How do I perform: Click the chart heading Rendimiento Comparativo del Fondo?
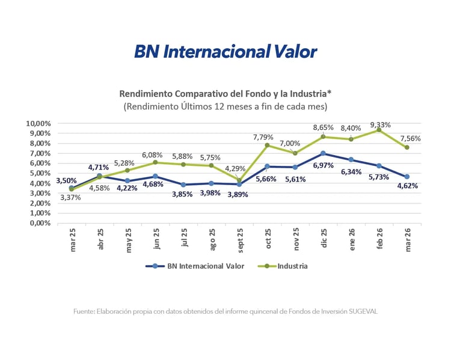(x=225, y=94)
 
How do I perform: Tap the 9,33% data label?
(x=381, y=125)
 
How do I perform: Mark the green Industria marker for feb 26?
(x=379, y=130)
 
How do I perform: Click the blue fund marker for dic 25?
(x=324, y=153)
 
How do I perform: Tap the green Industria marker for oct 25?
(x=268, y=145)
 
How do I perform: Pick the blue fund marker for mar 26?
(x=407, y=177)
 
